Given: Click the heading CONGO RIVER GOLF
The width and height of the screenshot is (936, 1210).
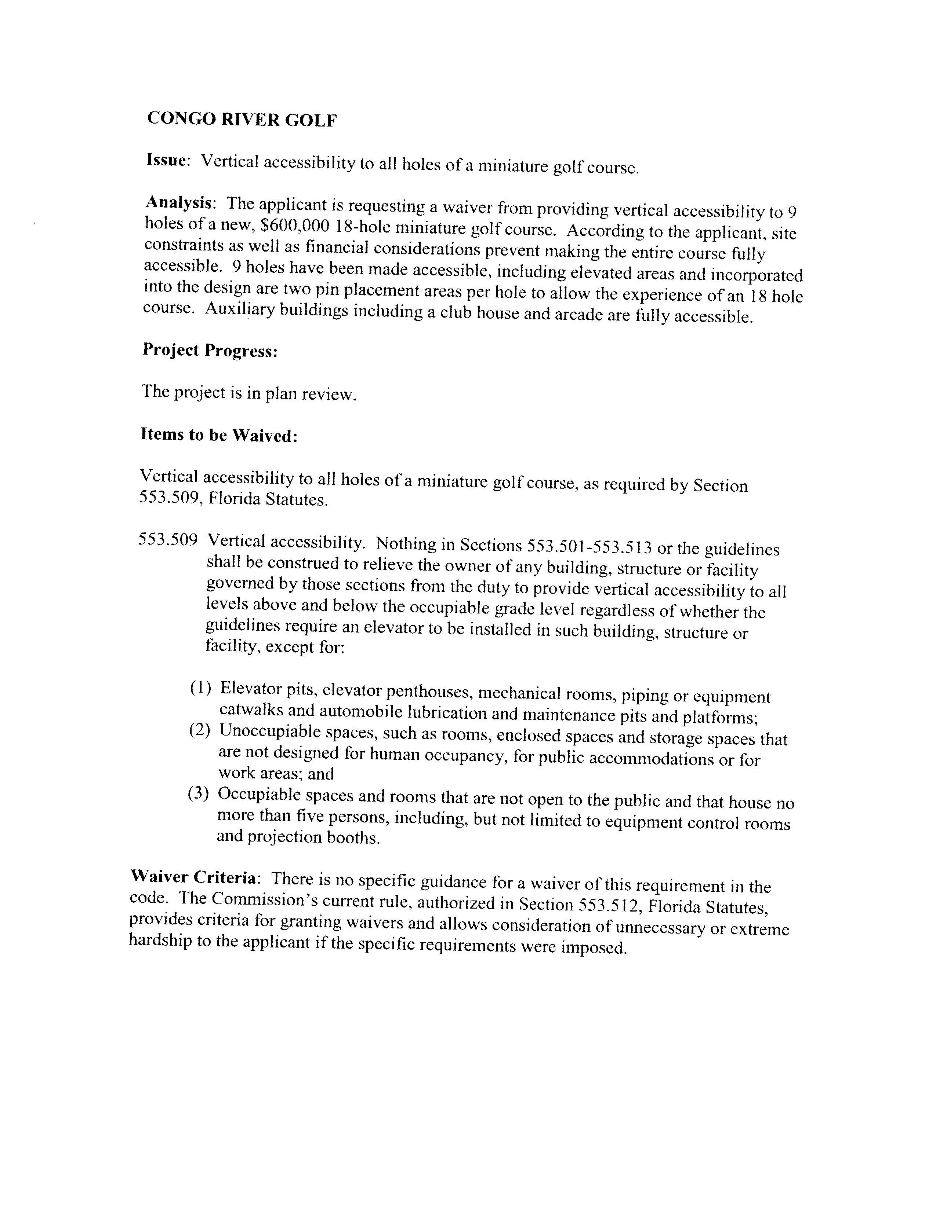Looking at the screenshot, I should (242, 119).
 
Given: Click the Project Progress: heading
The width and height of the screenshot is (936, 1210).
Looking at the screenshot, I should (210, 350).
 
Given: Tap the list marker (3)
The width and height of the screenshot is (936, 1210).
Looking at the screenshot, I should (198, 793).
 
